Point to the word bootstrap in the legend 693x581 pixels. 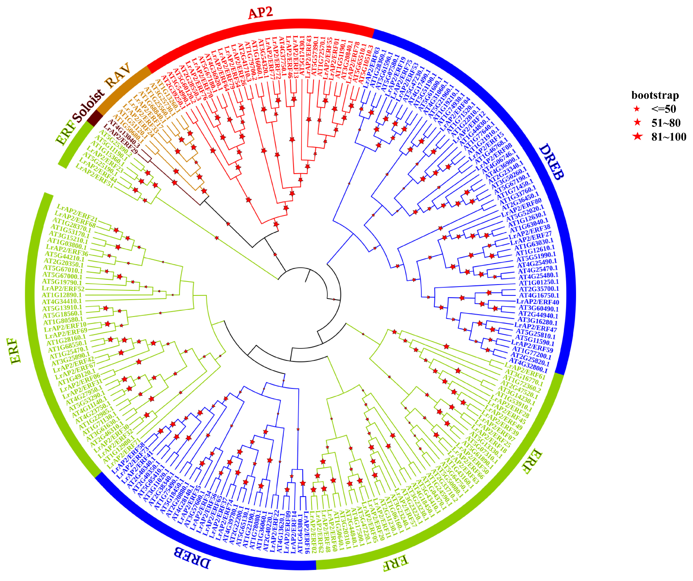655,95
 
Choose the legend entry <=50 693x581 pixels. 663,109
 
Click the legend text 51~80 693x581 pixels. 666,123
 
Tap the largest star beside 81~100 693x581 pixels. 638,136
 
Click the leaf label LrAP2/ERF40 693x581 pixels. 538,302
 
